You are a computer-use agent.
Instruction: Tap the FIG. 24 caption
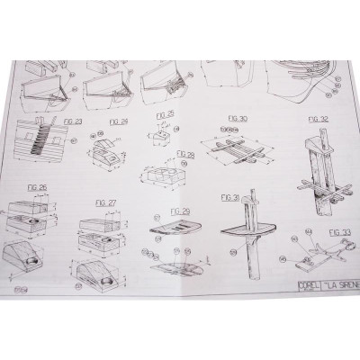(118, 118)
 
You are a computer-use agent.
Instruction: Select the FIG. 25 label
(164, 115)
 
